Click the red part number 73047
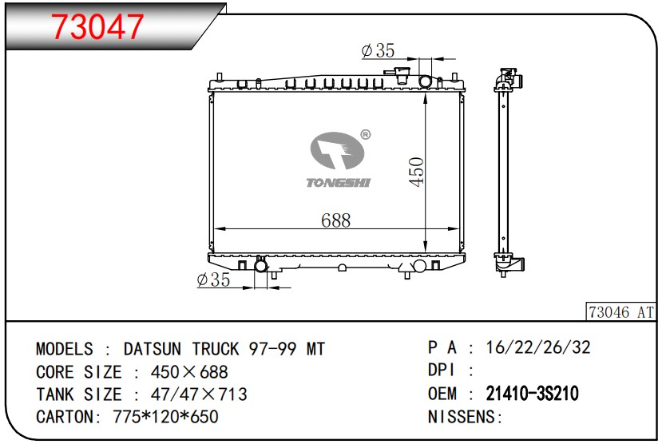(97, 26)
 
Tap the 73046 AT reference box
(621, 312)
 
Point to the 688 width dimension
(335, 220)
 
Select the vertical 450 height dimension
(416, 171)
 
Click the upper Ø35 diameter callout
(378, 50)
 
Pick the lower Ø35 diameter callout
(214, 280)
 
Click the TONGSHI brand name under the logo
(339, 183)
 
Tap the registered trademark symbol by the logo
(365, 135)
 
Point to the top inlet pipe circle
(425, 81)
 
